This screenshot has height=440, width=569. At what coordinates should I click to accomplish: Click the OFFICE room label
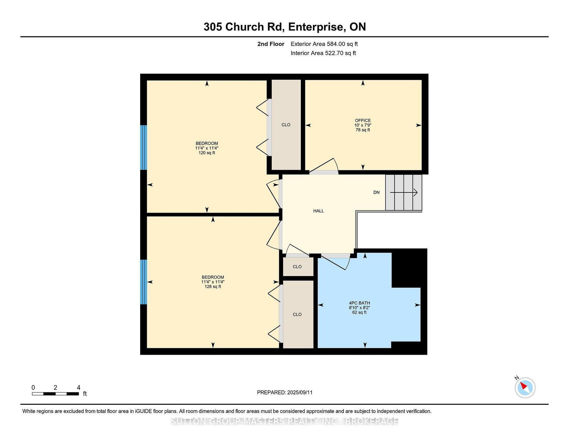click(x=363, y=121)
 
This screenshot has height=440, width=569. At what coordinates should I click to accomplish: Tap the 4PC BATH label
click(x=359, y=303)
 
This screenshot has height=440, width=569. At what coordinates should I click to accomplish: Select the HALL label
click(x=318, y=211)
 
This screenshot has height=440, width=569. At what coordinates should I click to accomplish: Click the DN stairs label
click(x=376, y=192)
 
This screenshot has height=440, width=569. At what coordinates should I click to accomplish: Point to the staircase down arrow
click(x=404, y=192)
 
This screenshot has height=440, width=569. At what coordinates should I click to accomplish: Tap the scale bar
click(x=55, y=394)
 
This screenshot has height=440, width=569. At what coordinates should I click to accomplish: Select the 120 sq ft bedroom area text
click(x=207, y=153)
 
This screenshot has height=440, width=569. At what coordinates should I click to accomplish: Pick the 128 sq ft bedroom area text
click(x=213, y=287)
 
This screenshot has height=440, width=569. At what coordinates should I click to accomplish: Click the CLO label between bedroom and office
click(x=286, y=125)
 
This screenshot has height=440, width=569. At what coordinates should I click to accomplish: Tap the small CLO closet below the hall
click(x=297, y=267)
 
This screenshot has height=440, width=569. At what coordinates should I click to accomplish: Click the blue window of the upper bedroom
click(x=143, y=148)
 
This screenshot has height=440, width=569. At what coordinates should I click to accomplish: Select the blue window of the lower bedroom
click(x=143, y=282)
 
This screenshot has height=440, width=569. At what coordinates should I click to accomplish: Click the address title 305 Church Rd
click(x=244, y=27)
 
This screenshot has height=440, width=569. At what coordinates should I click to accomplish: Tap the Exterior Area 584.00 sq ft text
click(x=324, y=44)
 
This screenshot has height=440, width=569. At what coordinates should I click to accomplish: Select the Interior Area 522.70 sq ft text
click(x=323, y=53)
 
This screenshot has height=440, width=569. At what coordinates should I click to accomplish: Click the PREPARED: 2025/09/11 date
click(x=284, y=392)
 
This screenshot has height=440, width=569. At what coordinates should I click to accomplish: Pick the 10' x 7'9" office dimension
click(x=363, y=125)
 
